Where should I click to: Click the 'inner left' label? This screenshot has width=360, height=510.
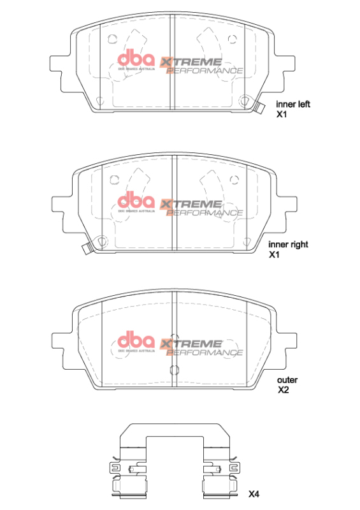(x=292, y=105)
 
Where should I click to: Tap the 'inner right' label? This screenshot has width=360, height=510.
(x=289, y=244)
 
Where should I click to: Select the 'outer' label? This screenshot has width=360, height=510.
(x=287, y=380)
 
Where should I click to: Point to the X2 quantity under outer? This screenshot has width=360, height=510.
(x=283, y=390)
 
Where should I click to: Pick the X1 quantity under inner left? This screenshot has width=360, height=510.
(x=282, y=115)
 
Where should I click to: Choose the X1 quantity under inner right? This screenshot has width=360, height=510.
(x=275, y=254)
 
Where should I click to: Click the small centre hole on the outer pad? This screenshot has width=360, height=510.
(x=174, y=370)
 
